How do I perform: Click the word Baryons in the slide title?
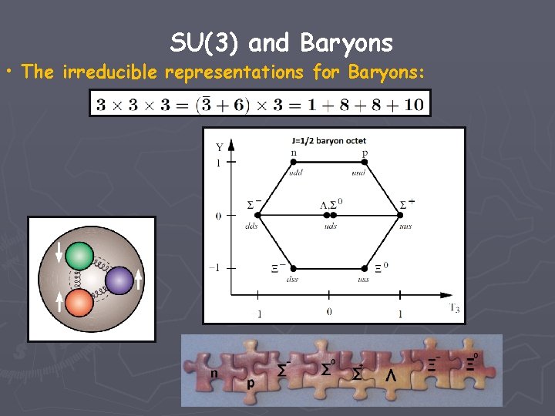pos(347,44)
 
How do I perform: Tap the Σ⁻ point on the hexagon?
pos(257,216)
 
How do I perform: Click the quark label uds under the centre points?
pos(330,227)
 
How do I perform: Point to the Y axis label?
pos(219,146)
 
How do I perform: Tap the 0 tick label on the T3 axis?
pos(329,312)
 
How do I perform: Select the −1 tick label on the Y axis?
pos(216,268)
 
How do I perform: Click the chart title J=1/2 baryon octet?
pos(329,141)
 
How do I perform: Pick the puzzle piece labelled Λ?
pos(391,375)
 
